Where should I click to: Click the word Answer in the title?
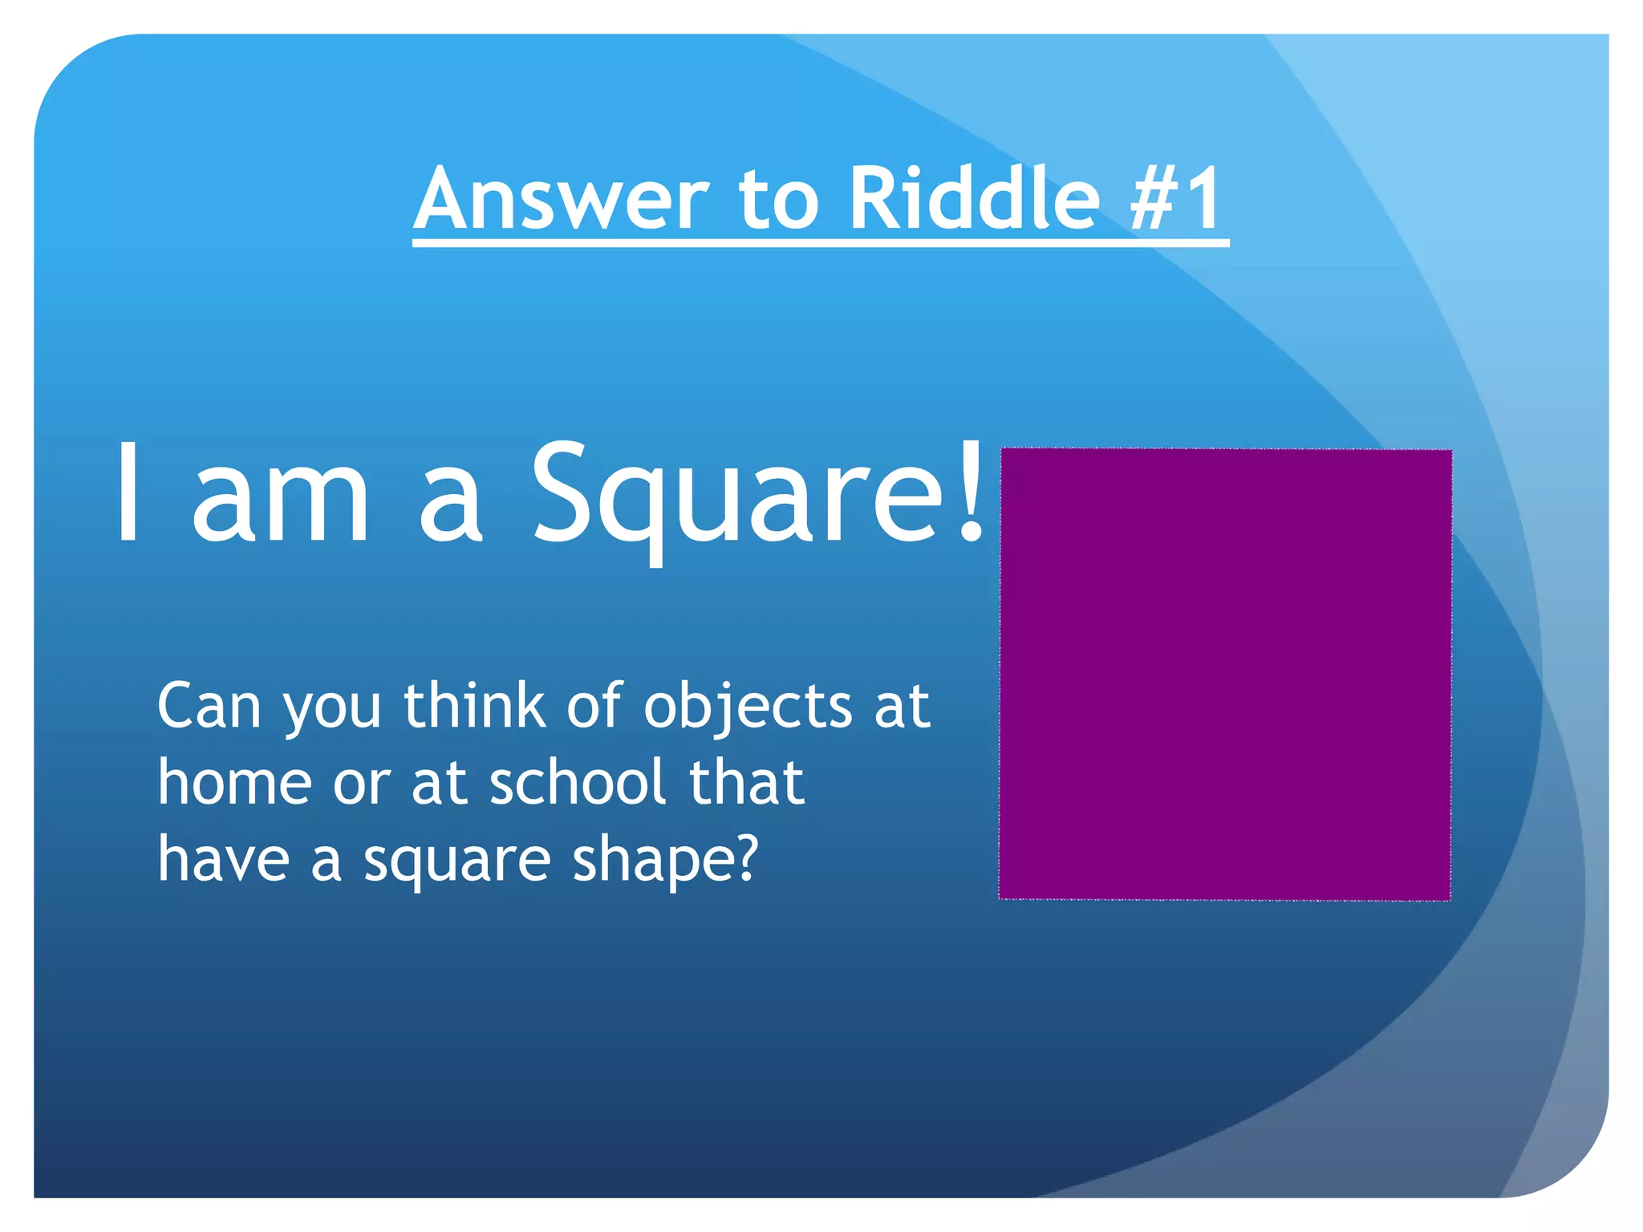point(562,198)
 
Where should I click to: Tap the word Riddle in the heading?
point(974,198)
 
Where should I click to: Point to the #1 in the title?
point(1177,198)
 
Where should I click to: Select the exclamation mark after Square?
point(972,491)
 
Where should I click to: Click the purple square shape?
point(1225,674)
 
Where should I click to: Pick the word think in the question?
point(474,705)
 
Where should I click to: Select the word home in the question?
point(234,782)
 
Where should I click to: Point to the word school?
point(578,782)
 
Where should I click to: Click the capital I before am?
point(128,491)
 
